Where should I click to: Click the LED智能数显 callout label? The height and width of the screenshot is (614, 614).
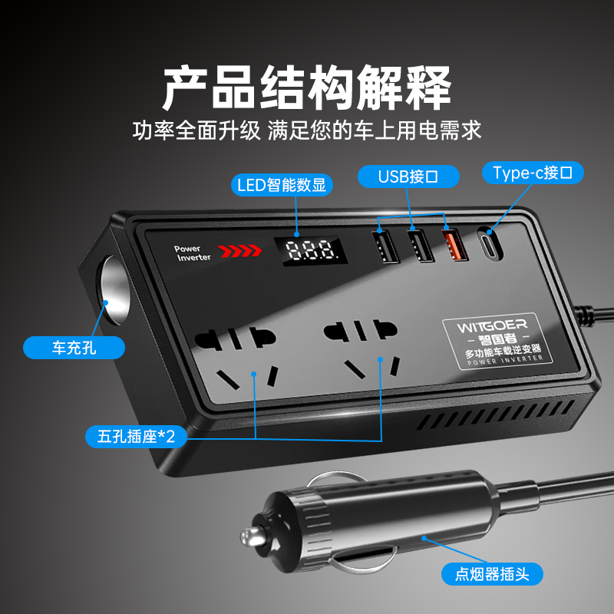click(280, 185)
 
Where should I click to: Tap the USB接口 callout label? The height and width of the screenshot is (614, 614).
click(408, 176)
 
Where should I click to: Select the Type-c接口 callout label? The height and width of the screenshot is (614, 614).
click(533, 173)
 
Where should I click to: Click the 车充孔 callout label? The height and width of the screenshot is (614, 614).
click(74, 348)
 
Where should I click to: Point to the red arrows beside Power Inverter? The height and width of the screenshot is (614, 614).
click(236, 251)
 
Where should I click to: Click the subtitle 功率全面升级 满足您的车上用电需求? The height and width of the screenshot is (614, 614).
click(306, 130)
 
